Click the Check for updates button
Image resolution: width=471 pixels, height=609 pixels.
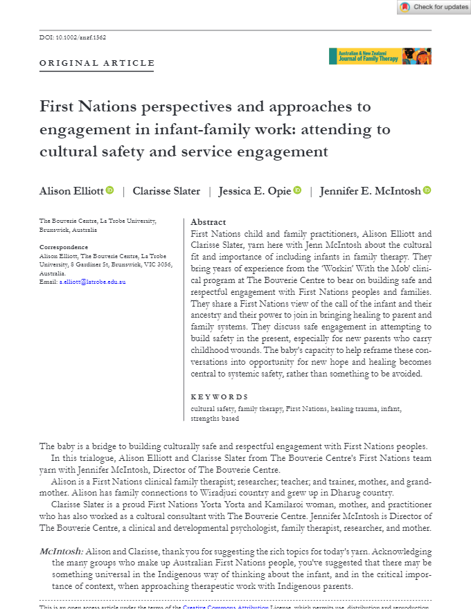[x=434, y=7]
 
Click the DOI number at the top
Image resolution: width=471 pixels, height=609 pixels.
[x=73, y=37]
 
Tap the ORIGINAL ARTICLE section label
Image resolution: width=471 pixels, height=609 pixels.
[x=97, y=64]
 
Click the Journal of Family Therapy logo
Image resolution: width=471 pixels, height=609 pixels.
[x=380, y=56]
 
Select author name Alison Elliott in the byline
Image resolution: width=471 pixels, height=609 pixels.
[x=71, y=191]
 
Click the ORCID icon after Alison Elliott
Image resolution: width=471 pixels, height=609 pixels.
[x=110, y=190]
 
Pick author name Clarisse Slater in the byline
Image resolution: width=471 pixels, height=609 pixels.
[x=166, y=191]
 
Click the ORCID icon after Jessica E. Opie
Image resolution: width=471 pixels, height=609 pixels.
[x=297, y=190]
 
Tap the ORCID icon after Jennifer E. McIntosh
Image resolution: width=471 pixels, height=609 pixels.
[x=427, y=190]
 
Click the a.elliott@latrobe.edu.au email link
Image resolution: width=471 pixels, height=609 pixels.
[x=92, y=282]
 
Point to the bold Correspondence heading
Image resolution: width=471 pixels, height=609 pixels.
[x=64, y=247]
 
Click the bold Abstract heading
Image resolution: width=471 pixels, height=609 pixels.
[x=208, y=222]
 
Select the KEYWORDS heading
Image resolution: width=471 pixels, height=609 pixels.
[x=219, y=397]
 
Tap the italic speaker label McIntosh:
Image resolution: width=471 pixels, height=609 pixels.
[x=62, y=552]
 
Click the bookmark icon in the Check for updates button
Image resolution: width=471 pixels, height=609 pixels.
[x=405, y=7]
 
